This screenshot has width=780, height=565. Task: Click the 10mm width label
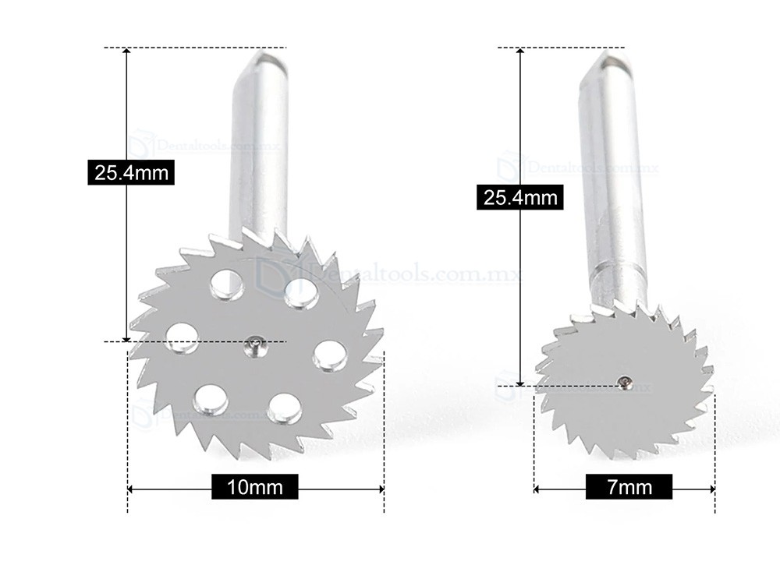(x=254, y=489)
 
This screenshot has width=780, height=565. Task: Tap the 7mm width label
(x=629, y=489)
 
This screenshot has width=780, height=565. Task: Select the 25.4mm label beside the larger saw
(x=131, y=172)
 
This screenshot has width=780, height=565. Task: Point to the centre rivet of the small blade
(x=625, y=381)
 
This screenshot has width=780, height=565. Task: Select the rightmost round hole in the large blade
(x=329, y=355)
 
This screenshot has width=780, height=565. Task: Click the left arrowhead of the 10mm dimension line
(x=131, y=489)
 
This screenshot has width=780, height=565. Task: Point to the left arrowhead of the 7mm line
(x=538, y=489)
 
